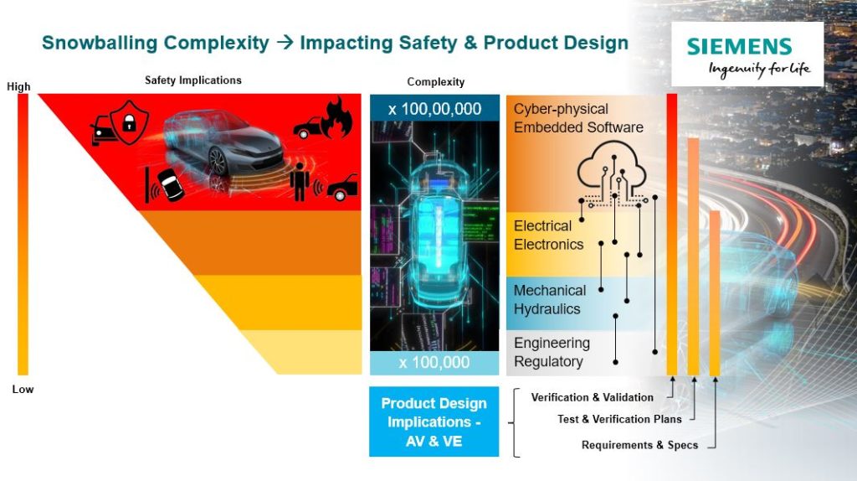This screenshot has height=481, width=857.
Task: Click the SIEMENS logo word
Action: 739,47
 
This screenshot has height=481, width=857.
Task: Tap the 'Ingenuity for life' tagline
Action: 759,70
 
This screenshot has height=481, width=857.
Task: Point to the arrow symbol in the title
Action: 285,42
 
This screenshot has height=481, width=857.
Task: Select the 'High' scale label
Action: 18,86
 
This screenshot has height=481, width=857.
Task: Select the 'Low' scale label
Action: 23,389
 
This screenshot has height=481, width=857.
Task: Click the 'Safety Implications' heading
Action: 193,80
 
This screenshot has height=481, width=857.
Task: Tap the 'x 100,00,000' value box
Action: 434,108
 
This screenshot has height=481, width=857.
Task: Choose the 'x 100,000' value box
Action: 434,363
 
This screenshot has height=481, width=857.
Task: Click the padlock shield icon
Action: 129,122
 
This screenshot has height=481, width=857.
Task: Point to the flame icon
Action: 336,117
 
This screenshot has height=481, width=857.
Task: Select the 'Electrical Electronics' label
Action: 549,235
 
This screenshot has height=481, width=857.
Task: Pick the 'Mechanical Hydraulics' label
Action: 550,300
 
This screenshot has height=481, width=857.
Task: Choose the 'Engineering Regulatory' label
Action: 552,353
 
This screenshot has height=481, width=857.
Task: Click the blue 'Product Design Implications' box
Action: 434,422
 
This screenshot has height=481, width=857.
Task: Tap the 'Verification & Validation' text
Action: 593,398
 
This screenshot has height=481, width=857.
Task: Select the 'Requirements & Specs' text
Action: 639,446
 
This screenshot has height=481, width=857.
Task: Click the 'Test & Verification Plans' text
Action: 620,420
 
